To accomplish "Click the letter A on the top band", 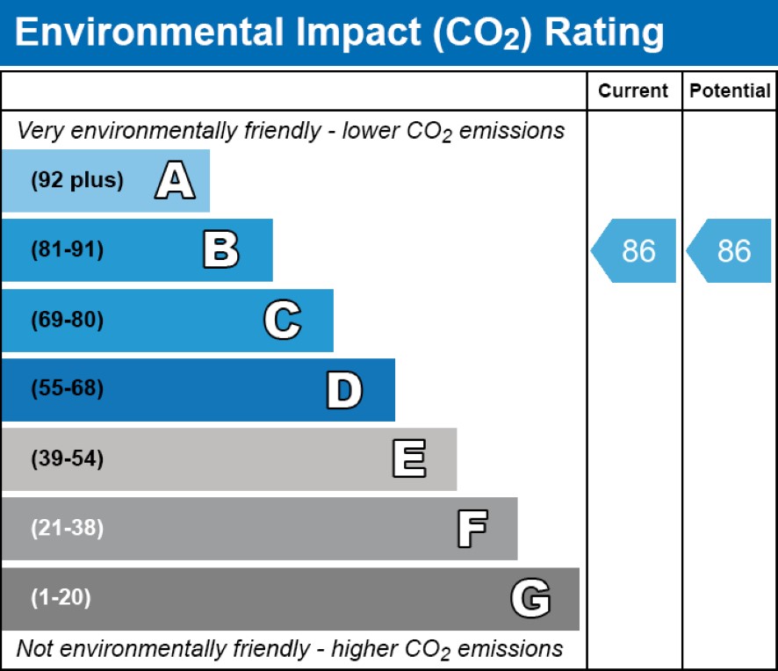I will [x=175, y=181].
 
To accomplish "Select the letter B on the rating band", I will [x=220, y=250].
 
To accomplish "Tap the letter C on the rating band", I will [x=283, y=320].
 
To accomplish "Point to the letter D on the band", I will [x=344, y=390].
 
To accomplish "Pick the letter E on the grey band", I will [x=408, y=459].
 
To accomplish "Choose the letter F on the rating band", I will [x=472, y=529].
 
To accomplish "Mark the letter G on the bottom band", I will [x=530, y=599].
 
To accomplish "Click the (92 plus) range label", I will [x=77, y=181].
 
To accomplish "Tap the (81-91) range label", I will [x=68, y=250].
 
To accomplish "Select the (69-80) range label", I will [x=68, y=320].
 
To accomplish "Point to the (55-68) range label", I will [x=68, y=389].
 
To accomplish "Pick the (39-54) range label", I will [x=68, y=459].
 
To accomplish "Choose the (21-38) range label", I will [x=68, y=529].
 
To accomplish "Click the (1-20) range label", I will [x=61, y=598].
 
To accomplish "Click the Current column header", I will [x=633, y=90].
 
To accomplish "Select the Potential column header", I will [x=730, y=90].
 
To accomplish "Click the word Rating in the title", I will [x=604, y=32].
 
